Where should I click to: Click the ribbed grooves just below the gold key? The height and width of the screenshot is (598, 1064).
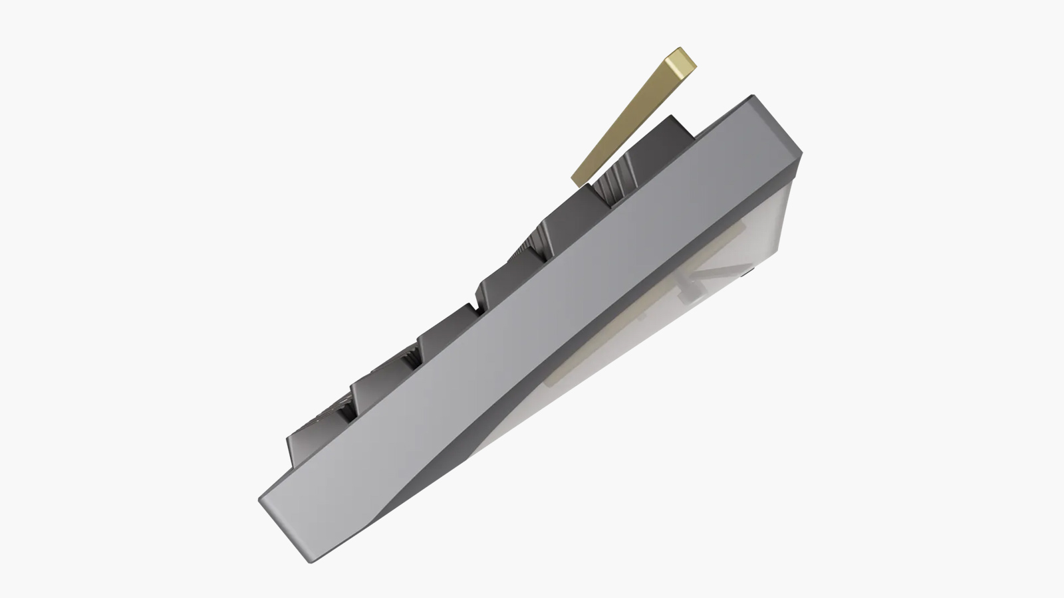610,178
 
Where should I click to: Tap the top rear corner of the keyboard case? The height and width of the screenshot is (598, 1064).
755,98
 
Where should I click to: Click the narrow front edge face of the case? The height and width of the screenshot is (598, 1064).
286,532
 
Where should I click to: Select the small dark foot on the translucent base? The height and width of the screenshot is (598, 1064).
749,271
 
